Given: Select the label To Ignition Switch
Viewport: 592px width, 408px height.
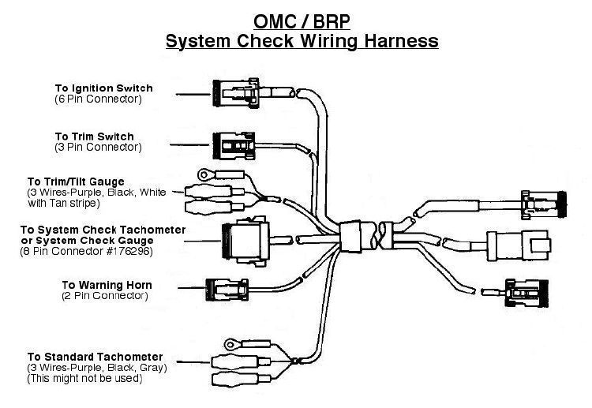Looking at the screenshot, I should pos(103,88).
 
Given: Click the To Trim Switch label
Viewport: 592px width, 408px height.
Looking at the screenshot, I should pos(94,137).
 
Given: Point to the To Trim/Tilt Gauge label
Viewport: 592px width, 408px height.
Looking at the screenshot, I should pos(76,182).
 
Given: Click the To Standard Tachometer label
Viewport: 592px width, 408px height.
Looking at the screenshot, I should pos(96,357).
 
